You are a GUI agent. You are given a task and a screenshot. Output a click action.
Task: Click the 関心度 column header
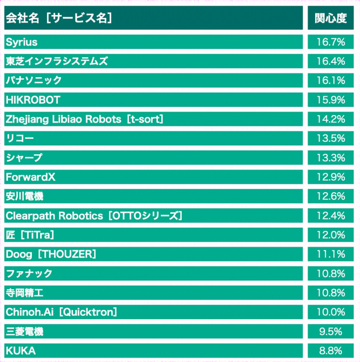click(x=331, y=18)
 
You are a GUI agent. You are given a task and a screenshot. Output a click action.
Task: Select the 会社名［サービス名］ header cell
click(x=59, y=18)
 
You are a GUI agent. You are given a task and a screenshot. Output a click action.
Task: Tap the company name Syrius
click(x=22, y=42)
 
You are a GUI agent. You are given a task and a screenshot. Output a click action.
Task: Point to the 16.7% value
click(x=331, y=42)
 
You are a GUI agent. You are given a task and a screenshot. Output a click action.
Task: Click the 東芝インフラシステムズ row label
click(x=56, y=61)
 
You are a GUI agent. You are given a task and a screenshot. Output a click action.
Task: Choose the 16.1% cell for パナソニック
click(x=331, y=81)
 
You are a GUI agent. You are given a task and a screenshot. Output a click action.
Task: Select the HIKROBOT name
click(x=33, y=100)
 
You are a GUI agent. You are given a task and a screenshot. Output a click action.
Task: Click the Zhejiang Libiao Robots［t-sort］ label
click(x=85, y=119)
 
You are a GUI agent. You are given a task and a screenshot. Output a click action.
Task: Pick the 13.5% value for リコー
click(x=331, y=138)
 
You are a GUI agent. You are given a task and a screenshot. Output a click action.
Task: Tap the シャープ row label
click(x=24, y=158)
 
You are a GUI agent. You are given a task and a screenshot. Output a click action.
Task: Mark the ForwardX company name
click(x=31, y=177)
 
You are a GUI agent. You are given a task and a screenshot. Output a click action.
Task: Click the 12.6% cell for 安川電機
click(x=331, y=197)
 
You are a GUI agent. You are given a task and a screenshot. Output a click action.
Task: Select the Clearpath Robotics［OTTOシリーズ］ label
click(x=94, y=215)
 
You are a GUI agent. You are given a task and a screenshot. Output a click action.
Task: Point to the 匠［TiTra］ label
click(x=30, y=235)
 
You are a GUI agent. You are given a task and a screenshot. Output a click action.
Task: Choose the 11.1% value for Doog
click(x=331, y=254)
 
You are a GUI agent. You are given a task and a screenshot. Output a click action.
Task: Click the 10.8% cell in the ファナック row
click(x=331, y=274)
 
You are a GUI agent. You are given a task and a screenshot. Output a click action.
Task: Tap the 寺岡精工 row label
click(x=25, y=293)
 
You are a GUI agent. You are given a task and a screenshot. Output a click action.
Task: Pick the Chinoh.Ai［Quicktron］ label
click(x=61, y=312)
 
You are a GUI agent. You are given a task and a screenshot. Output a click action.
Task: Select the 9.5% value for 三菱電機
click(x=331, y=331)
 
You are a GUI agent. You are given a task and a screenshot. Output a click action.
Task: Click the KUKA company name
click(x=21, y=351)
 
